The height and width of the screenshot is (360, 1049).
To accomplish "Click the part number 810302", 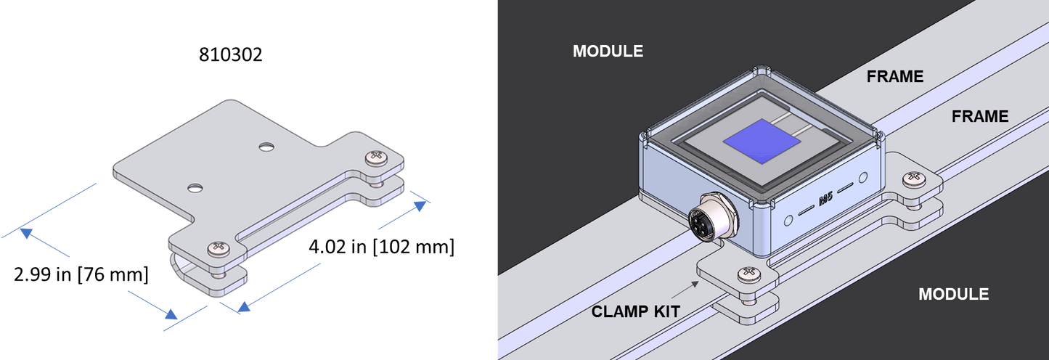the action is tap(230, 54).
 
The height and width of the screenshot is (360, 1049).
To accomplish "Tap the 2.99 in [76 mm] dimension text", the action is tap(81, 274).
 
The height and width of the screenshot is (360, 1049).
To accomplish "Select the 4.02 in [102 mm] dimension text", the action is tap(382, 247).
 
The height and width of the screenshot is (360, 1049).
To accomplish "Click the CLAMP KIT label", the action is tap(635, 312).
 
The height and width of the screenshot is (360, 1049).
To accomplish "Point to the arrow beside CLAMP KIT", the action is tap(685, 290).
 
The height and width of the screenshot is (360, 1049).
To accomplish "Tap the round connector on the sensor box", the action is tap(713, 218).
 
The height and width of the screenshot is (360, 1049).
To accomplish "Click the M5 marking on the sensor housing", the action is tap(825, 200).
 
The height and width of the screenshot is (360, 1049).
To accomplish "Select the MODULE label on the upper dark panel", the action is tap(608, 52).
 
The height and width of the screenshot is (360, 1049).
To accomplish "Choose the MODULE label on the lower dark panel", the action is tap(953, 295).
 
